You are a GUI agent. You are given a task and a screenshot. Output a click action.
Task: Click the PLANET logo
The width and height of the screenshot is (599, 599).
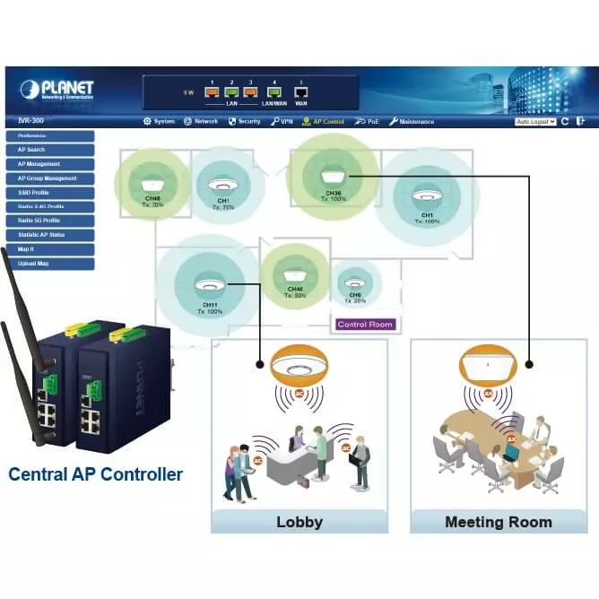pyautogui.click(x=56, y=89)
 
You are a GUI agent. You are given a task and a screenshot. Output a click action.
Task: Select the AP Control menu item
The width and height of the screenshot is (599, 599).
pyautogui.click(x=324, y=121)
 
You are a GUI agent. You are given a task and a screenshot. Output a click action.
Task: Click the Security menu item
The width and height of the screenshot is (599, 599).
pyautogui.click(x=244, y=121)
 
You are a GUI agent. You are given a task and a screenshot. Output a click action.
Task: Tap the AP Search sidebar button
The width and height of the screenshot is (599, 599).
pyautogui.click(x=49, y=150)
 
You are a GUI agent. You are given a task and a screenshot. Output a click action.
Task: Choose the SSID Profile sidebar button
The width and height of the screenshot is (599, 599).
pyautogui.click(x=49, y=192)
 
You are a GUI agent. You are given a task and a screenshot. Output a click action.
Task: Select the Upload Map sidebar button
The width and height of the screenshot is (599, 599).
pyautogui.click(x=49, y=264)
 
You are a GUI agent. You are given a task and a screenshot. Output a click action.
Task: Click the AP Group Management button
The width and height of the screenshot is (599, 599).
pyautogui.click(x=49, y=178)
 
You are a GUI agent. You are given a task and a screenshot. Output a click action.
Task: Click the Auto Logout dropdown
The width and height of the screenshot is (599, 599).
pyautogui.click(x=535, y=121)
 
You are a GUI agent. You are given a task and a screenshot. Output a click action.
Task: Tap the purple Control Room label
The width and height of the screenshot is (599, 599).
pyautogui.click(x=365, y=324)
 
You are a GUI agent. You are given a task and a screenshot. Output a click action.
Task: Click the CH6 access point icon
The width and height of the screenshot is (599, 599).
pyautogui.click(x=356, y=281)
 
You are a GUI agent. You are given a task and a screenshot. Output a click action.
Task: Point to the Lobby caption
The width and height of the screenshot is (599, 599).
pyautogui.click(x=299, y=521)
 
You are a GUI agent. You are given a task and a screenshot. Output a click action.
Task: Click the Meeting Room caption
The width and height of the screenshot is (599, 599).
pyautogui.click(x=499, y=521)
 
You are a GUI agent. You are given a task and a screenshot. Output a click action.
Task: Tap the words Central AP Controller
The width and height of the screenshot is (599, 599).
pyautogui.click(x=95, y=474)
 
